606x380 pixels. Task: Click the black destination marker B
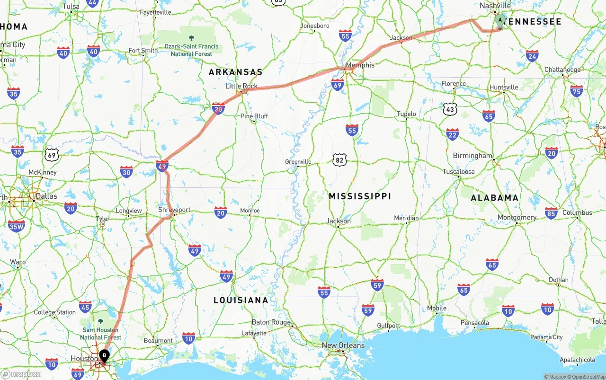[104, 355]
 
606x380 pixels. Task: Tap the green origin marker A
[500, 20]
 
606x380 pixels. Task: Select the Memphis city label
[360, 65]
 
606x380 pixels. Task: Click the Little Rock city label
[241, 86]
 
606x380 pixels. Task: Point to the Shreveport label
[174, 210]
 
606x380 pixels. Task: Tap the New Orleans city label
[343, 345]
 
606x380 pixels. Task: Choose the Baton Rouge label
[271, 322]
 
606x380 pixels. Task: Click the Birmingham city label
[472, 155]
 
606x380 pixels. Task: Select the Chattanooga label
[562, 70]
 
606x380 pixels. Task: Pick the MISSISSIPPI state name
[360, 196]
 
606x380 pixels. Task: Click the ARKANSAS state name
[236, 72]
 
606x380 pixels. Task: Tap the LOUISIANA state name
[241, 300]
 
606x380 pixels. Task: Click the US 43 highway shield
[450, 109]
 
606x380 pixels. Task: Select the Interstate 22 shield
[453, 134]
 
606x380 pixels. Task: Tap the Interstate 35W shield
[17, 226]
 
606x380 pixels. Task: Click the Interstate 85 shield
[551, 213]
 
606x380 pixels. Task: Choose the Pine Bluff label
[254, 116]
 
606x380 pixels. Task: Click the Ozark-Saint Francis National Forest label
[191, 50]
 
